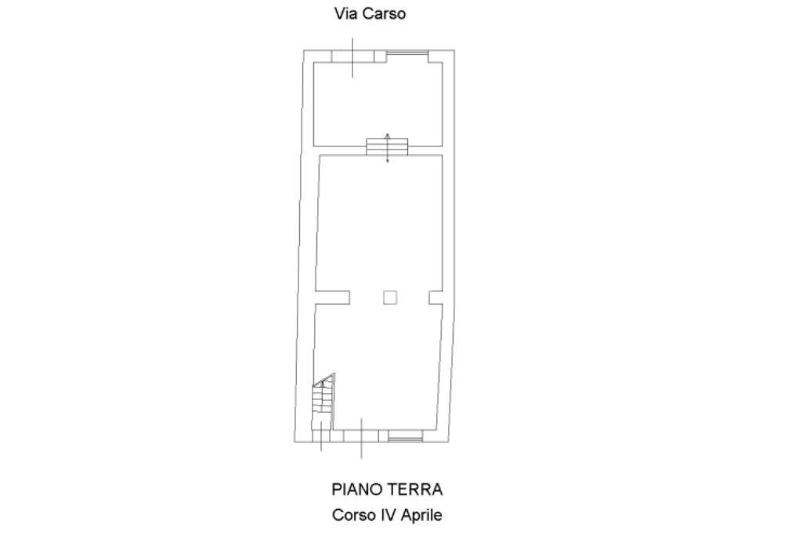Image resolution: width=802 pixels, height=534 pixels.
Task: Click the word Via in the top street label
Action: [342, 13]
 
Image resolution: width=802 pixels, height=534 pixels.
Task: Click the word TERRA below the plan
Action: [415, 489]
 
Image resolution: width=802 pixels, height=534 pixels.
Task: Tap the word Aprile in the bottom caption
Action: [421, 515]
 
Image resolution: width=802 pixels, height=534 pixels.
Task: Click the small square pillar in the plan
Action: [390, 298]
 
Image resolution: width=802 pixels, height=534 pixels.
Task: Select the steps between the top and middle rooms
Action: [387, 146]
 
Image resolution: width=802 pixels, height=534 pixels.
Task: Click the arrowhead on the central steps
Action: [387, 136]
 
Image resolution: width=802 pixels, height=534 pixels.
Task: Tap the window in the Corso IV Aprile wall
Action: [405, 436]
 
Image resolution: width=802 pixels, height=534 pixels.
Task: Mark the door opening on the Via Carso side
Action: [352, 56]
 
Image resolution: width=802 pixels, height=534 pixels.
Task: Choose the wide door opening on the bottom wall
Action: [361, 436]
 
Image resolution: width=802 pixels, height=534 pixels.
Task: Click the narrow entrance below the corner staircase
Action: [321, 436]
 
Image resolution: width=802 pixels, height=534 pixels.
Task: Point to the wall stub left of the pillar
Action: [332, 298]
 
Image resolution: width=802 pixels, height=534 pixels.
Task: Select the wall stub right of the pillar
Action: [435, 298]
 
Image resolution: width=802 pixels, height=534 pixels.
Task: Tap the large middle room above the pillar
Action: [379, 222]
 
